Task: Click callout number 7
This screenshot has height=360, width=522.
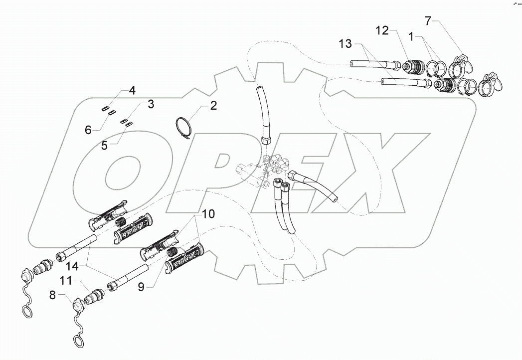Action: click(428, 21)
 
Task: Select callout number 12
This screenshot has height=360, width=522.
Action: click(382, 31)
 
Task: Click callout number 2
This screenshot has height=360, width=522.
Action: click(213, 105)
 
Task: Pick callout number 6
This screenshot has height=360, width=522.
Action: click(88, 130)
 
